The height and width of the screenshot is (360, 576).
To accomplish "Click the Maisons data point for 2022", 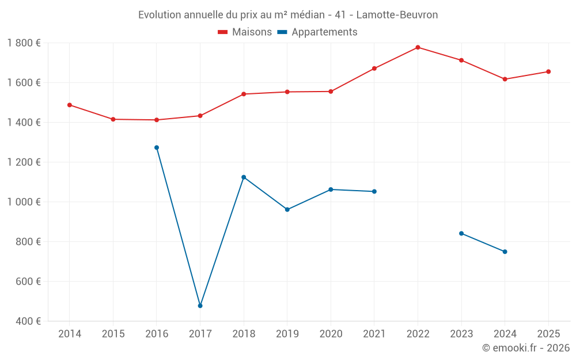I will [418, 47].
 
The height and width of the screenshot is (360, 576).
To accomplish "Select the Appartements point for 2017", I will [200, 306].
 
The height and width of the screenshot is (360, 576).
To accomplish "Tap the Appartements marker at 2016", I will [157, 147].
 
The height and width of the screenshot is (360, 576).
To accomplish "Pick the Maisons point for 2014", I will [70, 105].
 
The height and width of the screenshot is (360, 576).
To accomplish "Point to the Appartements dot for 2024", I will [505, 252].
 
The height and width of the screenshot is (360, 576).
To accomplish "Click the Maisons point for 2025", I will [548, 71].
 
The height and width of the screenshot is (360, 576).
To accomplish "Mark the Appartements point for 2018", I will [244, 177].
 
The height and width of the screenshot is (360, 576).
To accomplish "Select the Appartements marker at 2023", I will [461, 233].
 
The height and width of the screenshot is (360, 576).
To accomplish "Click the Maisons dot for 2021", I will [374, 69].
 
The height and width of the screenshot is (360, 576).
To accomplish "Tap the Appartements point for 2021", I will [374, 191].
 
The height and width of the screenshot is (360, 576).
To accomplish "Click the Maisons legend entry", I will [245, 32].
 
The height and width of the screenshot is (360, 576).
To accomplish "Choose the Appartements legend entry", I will [317, 32].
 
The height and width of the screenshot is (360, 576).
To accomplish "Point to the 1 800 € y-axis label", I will [24, 43].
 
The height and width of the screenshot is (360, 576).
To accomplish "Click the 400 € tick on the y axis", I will [28, 321].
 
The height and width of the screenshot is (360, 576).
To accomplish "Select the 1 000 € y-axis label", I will [24, 202].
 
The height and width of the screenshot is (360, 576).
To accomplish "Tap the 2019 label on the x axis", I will [287, 334].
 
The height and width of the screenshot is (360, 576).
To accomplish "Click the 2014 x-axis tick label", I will [70, 334].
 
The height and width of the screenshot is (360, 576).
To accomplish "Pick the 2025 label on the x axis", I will [548, 334].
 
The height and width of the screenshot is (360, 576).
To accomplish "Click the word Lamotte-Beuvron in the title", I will [397, 15].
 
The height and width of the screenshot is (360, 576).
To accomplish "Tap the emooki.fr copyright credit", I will [526, 348].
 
